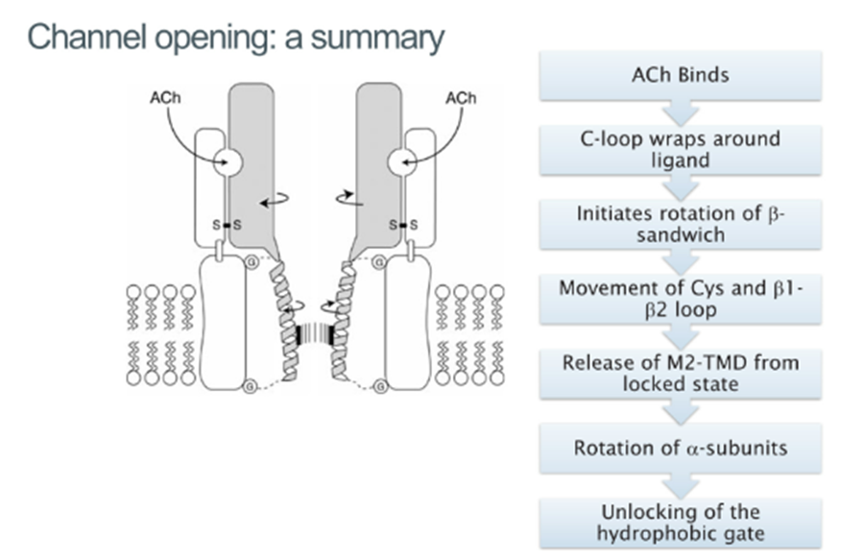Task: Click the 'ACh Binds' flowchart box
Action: coord(681,76)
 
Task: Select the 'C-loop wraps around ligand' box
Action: coord(681,150)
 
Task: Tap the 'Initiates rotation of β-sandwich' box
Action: coord(681,224)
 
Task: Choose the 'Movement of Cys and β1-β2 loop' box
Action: coord(681,299)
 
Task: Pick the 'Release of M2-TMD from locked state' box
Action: coord(681,374)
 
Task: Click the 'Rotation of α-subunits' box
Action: coord(681,449)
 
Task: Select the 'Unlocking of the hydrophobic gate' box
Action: coord(681,523)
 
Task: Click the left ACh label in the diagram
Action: coord(165,97)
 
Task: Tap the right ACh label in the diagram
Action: coord(461,98)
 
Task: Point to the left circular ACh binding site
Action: coord(228,162)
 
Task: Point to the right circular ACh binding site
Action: coord(402,162)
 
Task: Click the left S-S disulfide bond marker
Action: coord(227,225)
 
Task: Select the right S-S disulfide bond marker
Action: coord(403,225)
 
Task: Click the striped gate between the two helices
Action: coord(315,335)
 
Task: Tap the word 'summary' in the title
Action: coord(377,37)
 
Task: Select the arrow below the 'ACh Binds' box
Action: coord(681,113)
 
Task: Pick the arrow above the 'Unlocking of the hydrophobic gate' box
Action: coord(681,486)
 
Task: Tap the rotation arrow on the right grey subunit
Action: coord(350,197)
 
